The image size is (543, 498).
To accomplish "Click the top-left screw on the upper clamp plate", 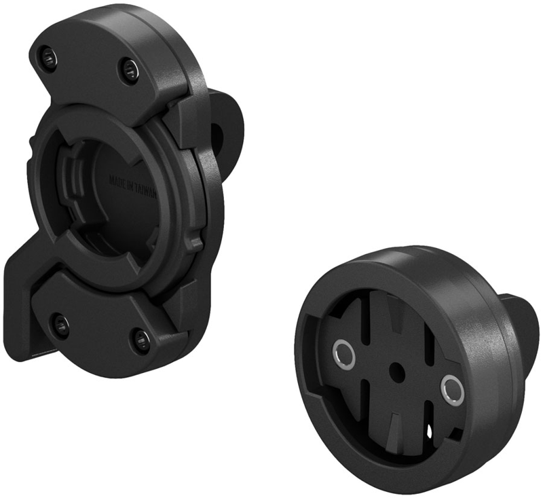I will point(47,58).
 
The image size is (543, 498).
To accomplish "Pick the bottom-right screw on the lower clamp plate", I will point(141,338).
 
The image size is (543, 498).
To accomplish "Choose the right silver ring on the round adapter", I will point(451,389).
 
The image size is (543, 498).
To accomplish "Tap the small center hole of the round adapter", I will point(398,371).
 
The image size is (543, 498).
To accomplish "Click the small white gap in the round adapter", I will point(429,430).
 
